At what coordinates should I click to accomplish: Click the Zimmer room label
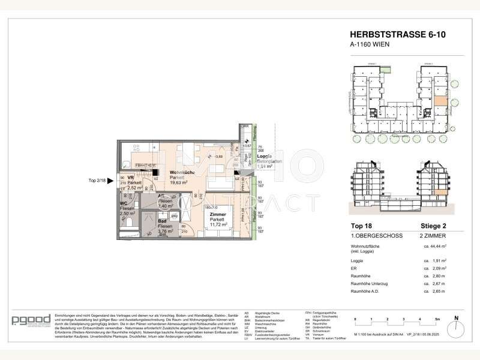pos(217,214)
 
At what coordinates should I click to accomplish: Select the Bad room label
pos(162,221)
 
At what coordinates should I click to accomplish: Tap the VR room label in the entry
pos(130,178)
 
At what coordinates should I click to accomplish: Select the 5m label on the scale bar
pos(437,319)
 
